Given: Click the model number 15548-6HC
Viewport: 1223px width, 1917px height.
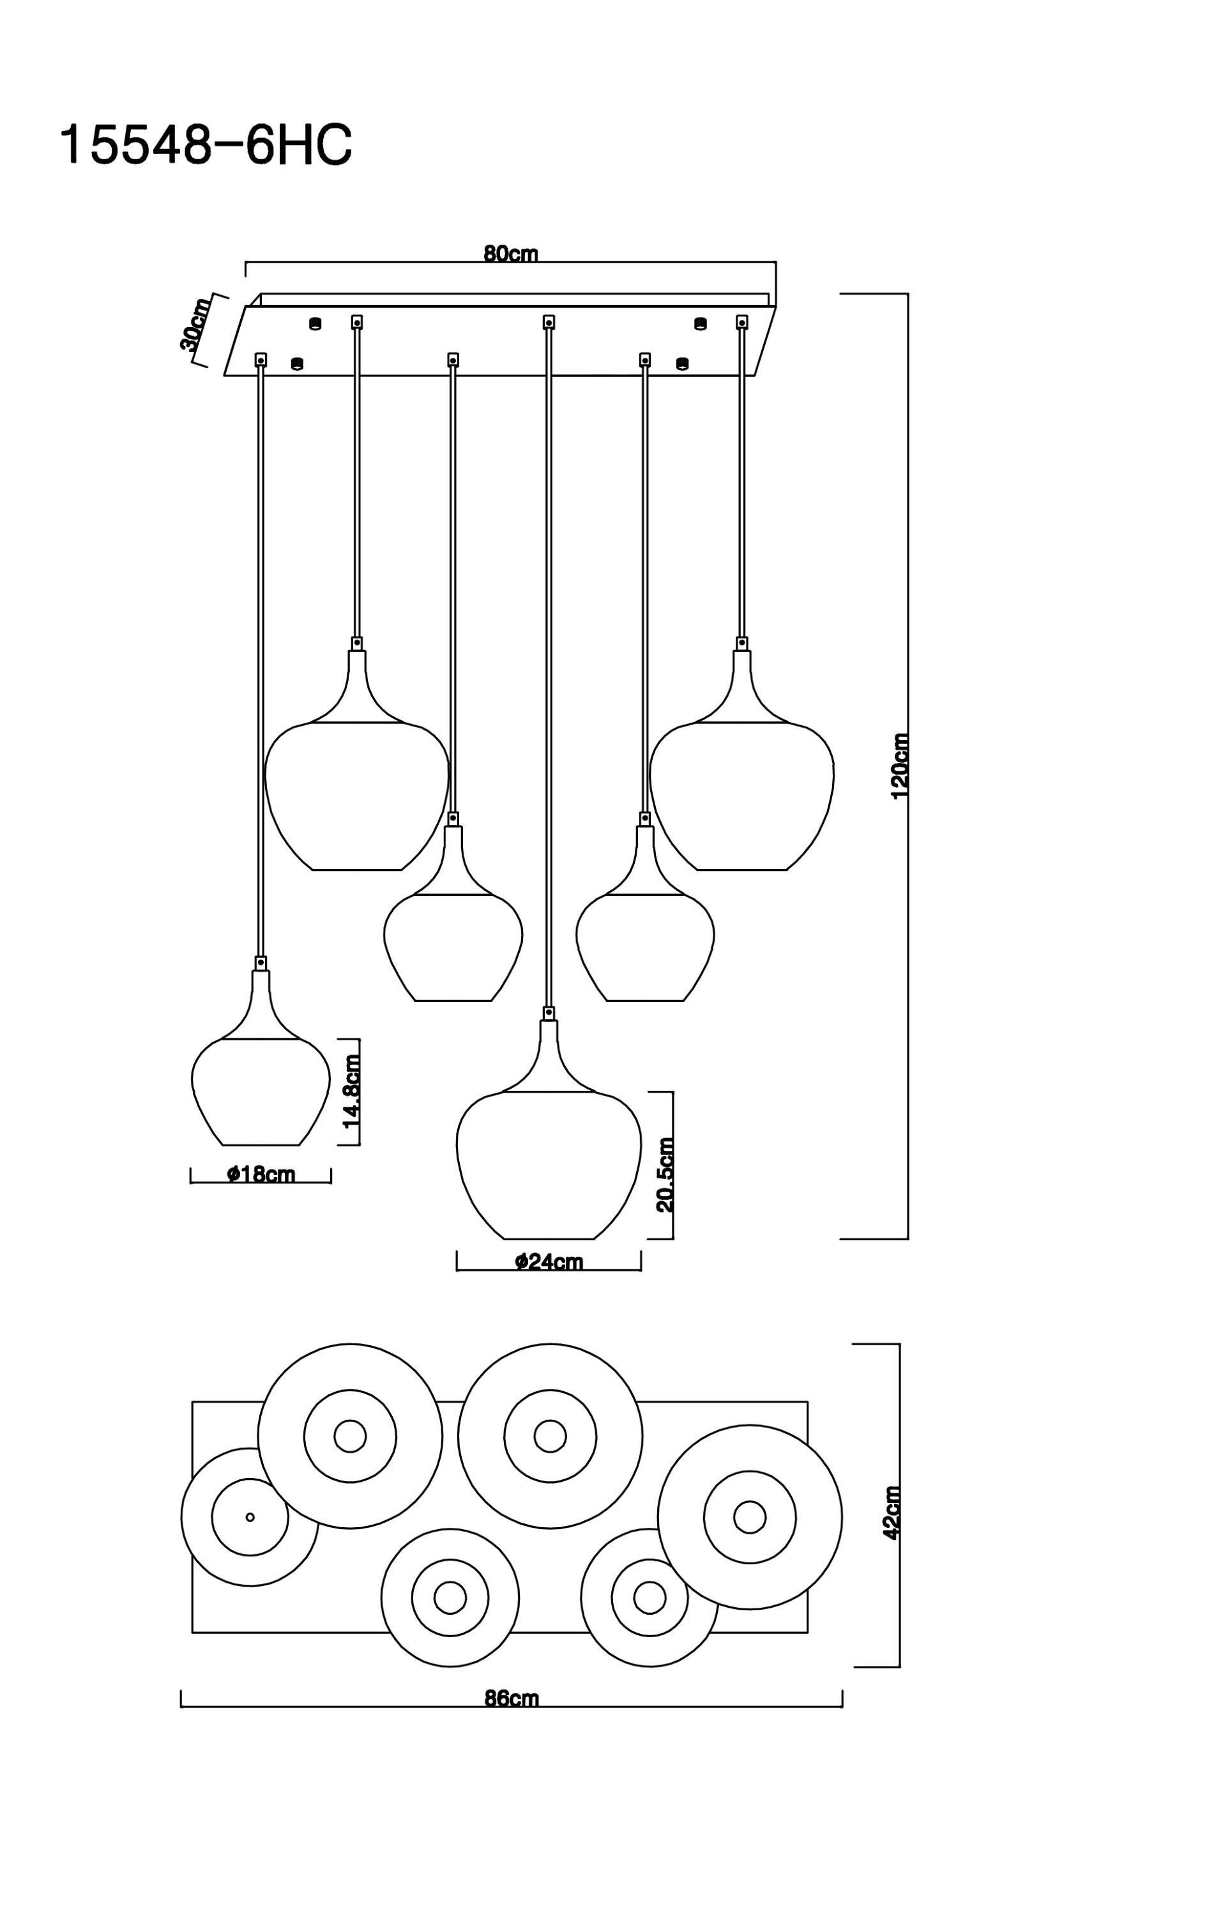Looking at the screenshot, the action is coord(205,146).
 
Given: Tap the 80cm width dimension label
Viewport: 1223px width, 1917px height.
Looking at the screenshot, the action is coord(511,254).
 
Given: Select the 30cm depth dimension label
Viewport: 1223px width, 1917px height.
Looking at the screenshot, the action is coord(195,324).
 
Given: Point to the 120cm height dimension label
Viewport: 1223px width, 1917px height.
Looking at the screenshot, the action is coord(900,766).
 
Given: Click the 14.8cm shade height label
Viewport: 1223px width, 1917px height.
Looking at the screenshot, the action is coord(351,1091).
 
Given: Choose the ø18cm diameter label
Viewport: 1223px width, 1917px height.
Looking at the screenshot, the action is coord(261,1174).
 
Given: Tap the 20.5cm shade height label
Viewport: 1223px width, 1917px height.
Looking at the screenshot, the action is coord(665,1174).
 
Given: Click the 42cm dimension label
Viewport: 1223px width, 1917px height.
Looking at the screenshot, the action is coord(892,1513).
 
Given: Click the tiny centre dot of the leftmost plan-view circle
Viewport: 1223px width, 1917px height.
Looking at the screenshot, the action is coord(250,1518).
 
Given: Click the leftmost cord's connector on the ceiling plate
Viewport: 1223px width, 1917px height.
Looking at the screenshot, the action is coord(260,360).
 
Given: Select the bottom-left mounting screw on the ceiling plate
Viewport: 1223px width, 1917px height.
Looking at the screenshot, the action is coord(298,364).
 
